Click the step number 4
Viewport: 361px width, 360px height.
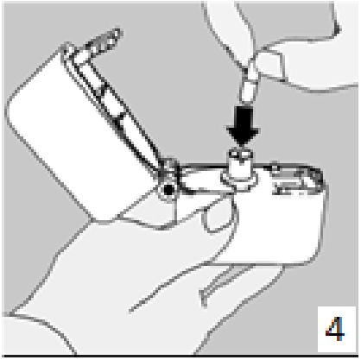click(336, 329)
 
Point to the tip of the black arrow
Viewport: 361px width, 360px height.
click(243, 147)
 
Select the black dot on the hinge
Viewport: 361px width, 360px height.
click(168, 189)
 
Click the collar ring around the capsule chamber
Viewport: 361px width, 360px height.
click(239, 180)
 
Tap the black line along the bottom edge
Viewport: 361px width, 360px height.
click(180, 357)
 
